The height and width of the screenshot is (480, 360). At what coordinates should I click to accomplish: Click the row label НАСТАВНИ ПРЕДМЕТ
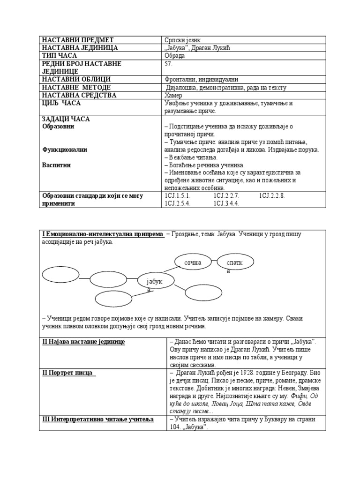point(78,40)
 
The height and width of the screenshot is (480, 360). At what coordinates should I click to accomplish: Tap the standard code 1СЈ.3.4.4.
point(226,203)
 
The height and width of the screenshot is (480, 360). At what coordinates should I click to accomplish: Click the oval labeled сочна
point(193,262)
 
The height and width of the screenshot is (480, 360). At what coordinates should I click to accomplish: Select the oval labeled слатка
point(236,263)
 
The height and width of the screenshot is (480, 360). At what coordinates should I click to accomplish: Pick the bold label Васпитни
point(56,165)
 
